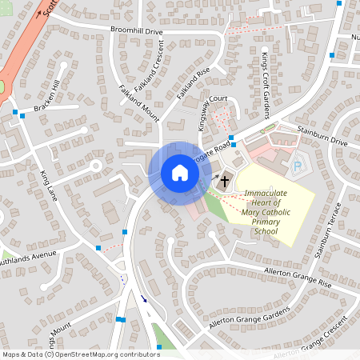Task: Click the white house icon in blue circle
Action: point(180,173)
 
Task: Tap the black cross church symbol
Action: point(226,181)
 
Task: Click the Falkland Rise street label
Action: point(193,83)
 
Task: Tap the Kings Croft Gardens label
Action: point(266,83)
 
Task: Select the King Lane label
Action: point(50,185)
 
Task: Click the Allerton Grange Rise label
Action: point(297,277)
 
